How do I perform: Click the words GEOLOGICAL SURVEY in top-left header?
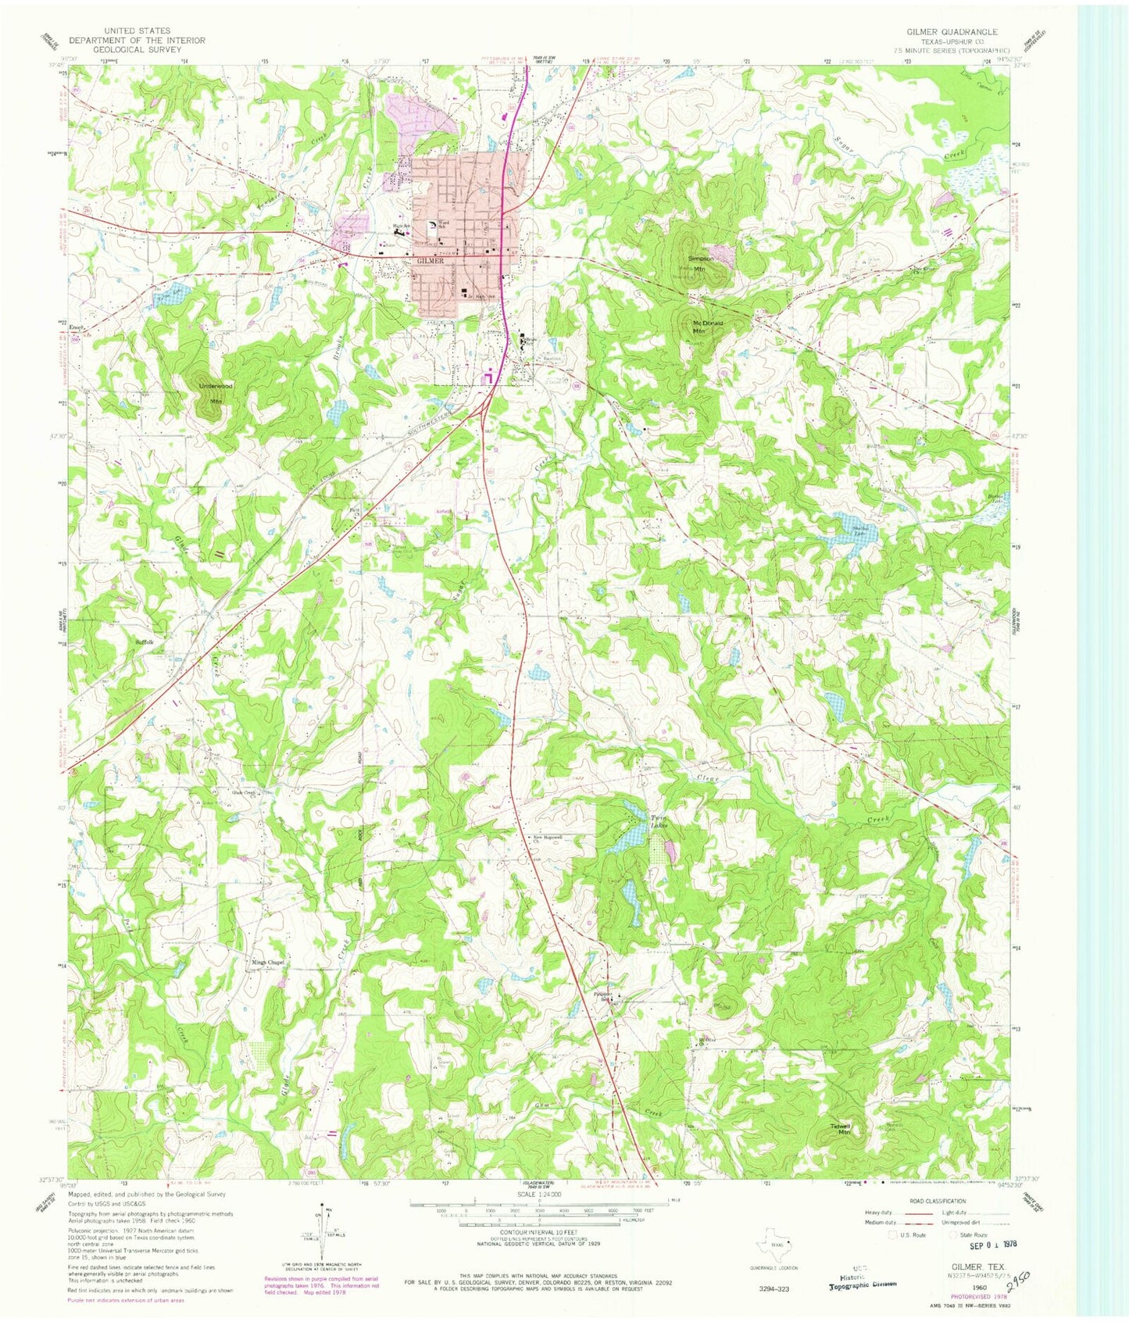[x=136, y=49]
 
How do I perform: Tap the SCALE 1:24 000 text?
[x=538, y=1194]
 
